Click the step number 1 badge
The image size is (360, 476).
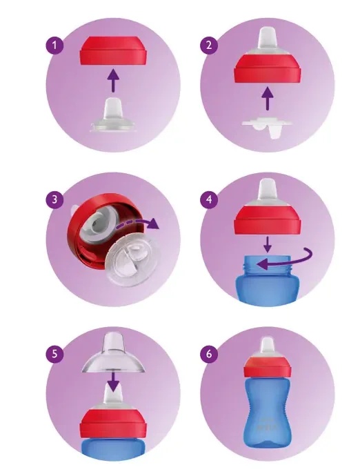[54, 46]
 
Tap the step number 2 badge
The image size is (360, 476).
[209, 46]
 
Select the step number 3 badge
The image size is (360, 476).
[54, 200]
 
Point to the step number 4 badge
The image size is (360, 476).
[209, 200]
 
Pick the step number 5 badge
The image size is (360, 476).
[54, 354]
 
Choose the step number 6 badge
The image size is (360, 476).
[209, 354]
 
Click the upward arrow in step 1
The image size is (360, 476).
[113, 81]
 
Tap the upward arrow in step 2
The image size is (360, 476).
[267, 99]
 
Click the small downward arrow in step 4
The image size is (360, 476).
[267, 244]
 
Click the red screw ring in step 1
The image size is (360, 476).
[113, 50]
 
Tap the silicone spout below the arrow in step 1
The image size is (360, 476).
[113, 116]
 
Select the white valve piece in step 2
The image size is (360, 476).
[266, 127]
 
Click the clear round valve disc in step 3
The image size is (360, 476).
[132, 260]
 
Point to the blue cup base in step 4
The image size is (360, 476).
[267, 279]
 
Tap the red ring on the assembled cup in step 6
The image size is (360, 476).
[267, 367]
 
